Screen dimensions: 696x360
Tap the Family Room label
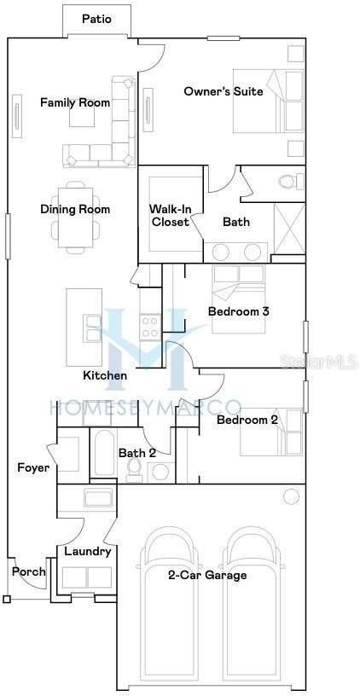75,103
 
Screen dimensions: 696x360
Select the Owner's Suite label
220,91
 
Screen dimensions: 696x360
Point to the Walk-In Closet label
169,215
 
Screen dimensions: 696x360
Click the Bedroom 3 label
239,311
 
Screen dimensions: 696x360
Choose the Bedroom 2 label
247,420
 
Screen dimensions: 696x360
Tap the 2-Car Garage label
207,575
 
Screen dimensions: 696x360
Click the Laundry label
88,551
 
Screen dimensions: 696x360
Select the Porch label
28,571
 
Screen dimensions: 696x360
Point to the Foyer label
33,467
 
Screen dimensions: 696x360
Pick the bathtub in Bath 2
105,455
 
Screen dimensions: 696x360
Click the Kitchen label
105,375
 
